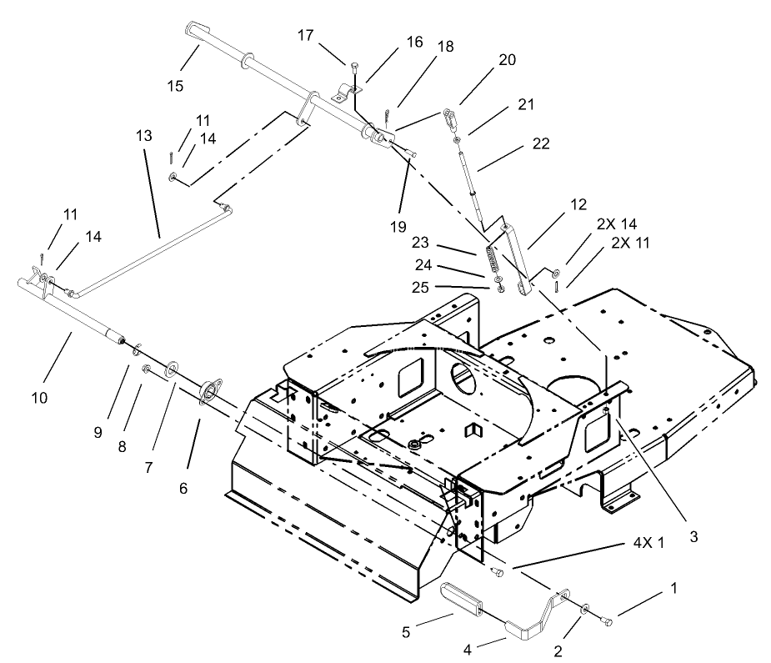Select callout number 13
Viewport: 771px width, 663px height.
pos(146,134)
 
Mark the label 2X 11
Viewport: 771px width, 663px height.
pos(629,243)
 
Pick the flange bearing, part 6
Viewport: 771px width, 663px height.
pos(208,391)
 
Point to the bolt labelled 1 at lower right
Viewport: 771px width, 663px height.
pos(606,621)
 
